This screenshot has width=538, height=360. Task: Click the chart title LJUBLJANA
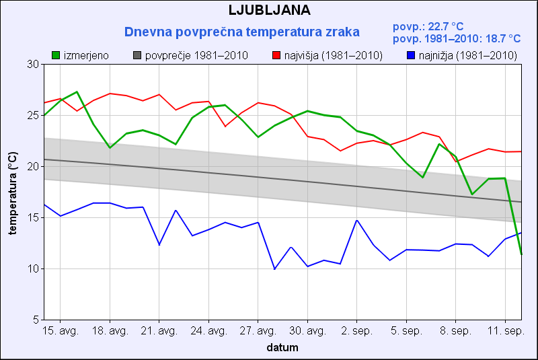(269, 10)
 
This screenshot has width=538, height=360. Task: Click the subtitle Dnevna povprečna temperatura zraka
(242, 32)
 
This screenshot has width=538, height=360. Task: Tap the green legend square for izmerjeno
(56, 55)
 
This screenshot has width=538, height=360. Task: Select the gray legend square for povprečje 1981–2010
(138, 55)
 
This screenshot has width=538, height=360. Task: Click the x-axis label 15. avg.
(61, 332)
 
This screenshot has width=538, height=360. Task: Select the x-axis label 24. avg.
(208, 332)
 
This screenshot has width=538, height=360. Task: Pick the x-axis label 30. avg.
(307, 332)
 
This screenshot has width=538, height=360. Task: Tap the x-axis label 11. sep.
(505, 332)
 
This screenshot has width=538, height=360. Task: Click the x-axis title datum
(282, 348)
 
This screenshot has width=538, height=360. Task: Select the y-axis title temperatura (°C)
(13, 192)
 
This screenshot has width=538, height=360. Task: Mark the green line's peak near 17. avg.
(77, 92)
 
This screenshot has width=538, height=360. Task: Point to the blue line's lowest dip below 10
(274, 269)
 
